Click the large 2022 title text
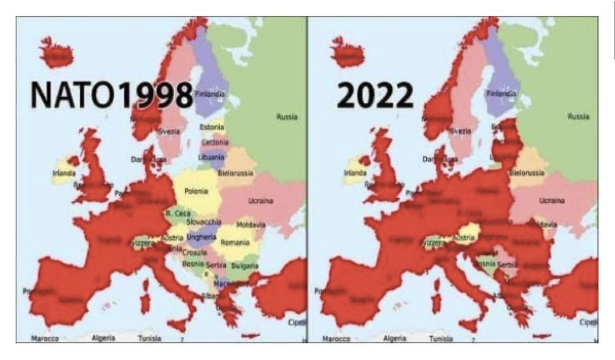[x=375, y=97]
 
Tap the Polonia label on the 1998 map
[x=196, y=192]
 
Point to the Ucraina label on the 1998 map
[x=260, y=200]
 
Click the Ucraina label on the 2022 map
[x=551, y=200]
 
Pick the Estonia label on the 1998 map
[x=212, y=127]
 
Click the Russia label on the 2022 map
[x=578, y=117]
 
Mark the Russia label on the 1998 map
[x=287, y=117]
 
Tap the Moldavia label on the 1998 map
[x=250, y=225]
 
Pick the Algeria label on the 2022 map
[x=395, y=338]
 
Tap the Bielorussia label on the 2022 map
[x=526, y=172]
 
